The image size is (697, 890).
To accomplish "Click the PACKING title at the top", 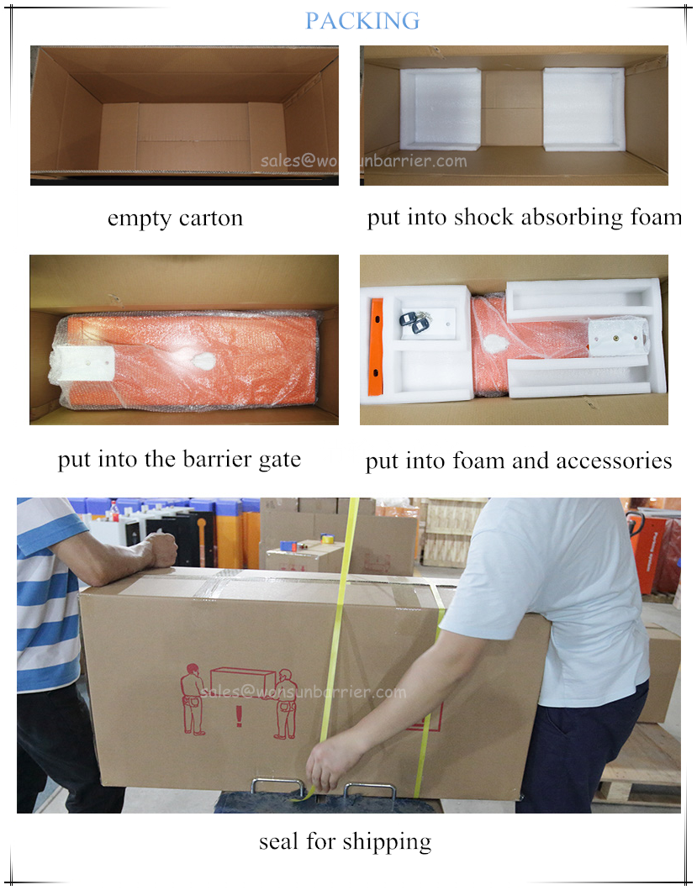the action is pos(362,21).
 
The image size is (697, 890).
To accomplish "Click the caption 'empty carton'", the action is pos(175,219).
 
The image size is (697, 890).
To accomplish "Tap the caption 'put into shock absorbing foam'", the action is pos(525,218).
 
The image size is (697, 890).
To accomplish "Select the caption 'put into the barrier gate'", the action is pos(179,459).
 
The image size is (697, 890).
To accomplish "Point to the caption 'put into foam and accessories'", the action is pos(519,461).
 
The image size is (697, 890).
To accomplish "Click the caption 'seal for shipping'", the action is pos(345,842).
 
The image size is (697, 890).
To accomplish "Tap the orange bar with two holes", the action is pos(376,347).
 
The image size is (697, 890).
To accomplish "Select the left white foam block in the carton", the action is pos(441,109).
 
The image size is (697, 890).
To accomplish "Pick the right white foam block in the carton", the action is pos(583,109).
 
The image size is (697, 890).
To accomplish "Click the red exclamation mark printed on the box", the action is pos(239,715).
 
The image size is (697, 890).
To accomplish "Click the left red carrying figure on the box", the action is pos(193,699).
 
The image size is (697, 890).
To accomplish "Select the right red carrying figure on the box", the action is pos(286,703).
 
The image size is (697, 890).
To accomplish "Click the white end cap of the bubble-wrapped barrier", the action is pos(84,364).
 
